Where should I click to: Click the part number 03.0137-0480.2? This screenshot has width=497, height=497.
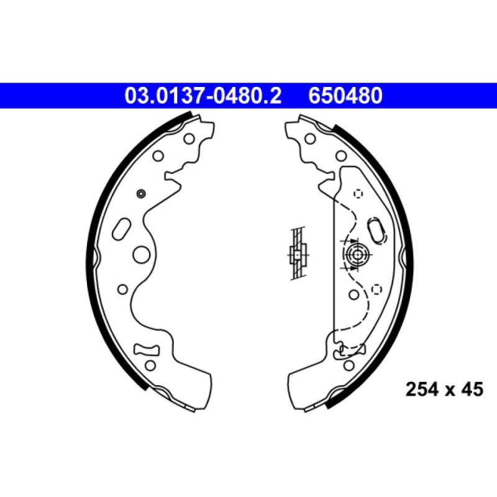coord(203,96)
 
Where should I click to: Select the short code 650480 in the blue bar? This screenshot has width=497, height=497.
coord(345,96)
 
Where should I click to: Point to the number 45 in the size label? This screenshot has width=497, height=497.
coord(472,390)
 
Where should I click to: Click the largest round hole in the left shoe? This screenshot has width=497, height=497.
coord(142,254)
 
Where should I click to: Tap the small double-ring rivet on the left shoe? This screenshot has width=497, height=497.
coord(140,194)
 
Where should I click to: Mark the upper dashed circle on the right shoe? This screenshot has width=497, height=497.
coord(358,194)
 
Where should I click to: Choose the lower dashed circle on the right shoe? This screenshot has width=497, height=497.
coord(376,289)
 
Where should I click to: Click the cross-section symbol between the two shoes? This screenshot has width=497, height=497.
coord(299,254)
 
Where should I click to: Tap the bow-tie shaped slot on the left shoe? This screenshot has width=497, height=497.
coord(147,350)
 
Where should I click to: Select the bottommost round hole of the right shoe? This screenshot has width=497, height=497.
coord(348,365)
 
